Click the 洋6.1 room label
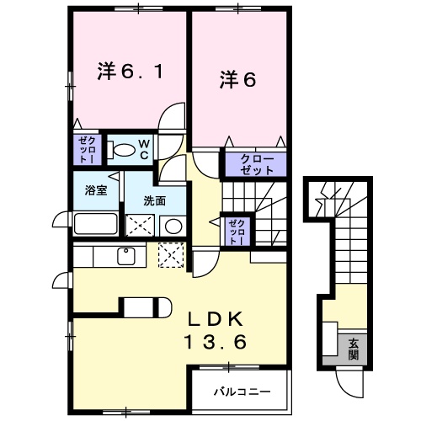(129, 73)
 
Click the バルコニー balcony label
(240, 392)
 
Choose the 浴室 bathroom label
(93, 191)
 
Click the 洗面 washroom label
(152, 200)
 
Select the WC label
(144, 149)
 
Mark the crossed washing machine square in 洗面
(139, 225)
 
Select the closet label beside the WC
(86, 149)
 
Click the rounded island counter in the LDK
(146, 306)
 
